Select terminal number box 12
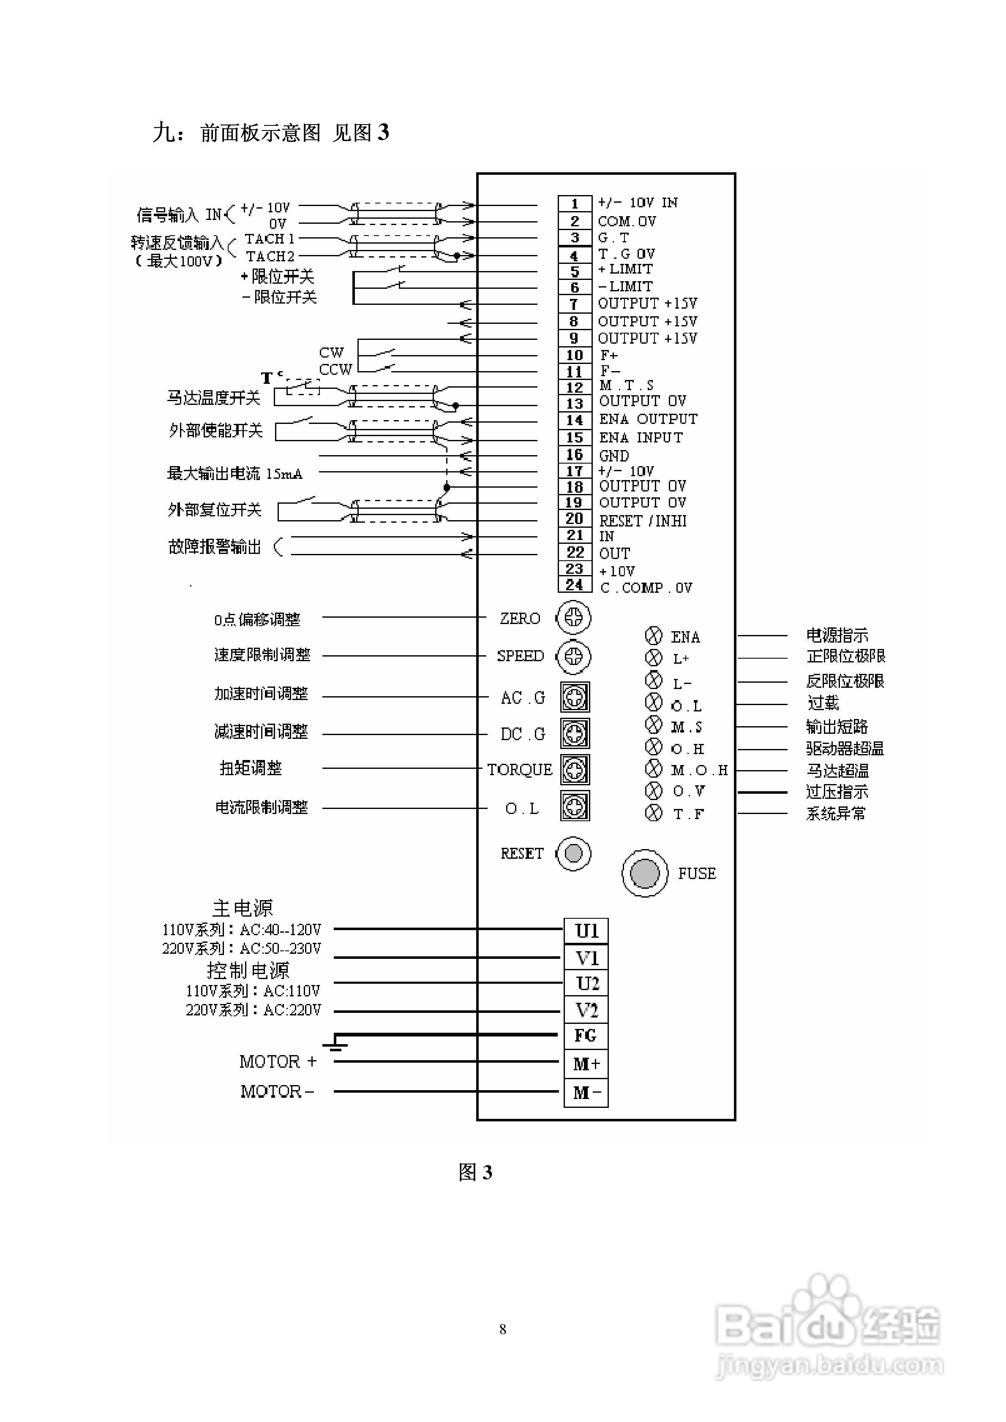click(x=575, y=388)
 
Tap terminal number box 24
click(x=575, y=585)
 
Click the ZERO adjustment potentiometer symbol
click(x=573, y=617)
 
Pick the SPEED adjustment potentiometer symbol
click(x=573, y=657)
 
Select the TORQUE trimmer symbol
click(x=575, y=770)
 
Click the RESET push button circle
click(x=573, y=853)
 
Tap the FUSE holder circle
click(x=645, y=873)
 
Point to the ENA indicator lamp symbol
click(x=653, y=636)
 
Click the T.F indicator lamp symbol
click(x=653, y=813)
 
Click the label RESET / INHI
click(x=642, y=521)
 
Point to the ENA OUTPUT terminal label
click(x=648, y=419)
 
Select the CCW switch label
click(x=335, y=370)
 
